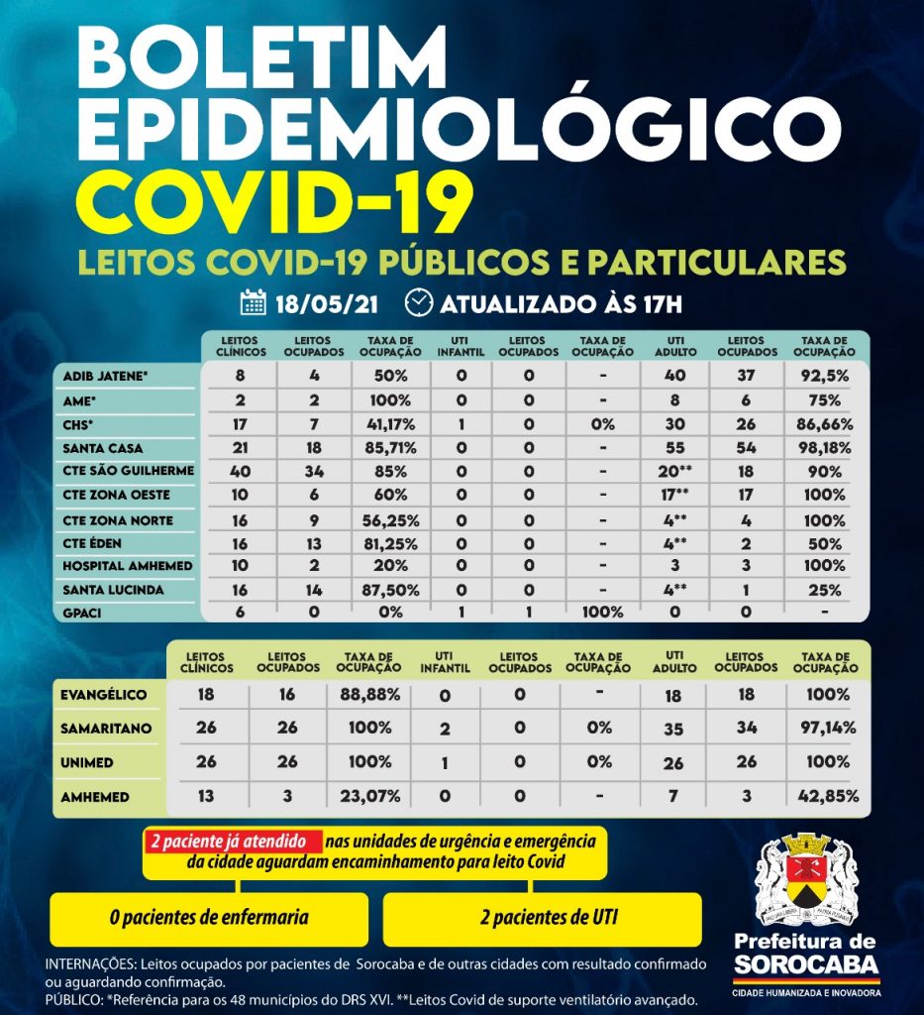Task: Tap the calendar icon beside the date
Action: tap(254, 301)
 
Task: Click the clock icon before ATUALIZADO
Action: tap(420, 301)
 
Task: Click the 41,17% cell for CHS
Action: tap(390, 424)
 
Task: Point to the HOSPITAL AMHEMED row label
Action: tap(128, 565)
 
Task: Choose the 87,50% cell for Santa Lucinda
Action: tap(390, 589)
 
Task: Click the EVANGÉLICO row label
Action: tap(104, 695)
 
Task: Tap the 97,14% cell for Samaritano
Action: tap(821, 729)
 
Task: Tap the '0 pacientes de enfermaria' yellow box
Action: tap(209, 918)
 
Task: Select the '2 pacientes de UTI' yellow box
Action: tap(542, 918)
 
